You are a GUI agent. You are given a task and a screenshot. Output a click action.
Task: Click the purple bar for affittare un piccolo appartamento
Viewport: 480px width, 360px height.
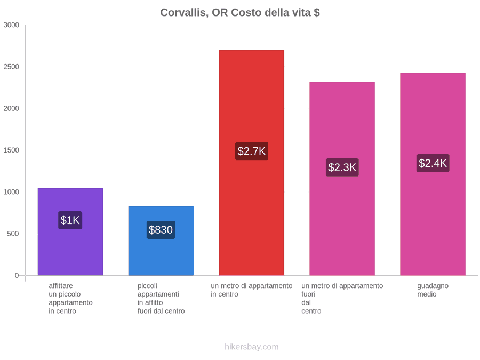coord(70,231)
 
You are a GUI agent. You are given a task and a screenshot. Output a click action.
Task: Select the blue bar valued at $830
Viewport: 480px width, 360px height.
coord(161,241)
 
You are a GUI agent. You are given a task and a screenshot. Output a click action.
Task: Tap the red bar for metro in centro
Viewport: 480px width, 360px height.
coord(251,163)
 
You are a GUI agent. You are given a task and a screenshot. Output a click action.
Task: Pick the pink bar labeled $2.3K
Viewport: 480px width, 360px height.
coord(342,179)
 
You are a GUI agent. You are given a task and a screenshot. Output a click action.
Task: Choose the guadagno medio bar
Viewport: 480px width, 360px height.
coord(433,174)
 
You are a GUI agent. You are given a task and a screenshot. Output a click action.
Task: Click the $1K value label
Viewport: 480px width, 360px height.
coord(70,220)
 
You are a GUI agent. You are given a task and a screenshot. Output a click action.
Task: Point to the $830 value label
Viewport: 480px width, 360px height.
coord(161,229)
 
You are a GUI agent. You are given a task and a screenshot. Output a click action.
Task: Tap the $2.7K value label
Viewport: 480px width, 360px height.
coord(252,151)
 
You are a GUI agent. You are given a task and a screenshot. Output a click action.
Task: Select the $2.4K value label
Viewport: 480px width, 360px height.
coord(433,163)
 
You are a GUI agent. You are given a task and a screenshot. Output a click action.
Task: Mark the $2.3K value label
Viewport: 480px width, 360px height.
coord(342,167)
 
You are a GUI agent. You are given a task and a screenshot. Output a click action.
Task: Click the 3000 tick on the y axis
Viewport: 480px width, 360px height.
coord(11,25)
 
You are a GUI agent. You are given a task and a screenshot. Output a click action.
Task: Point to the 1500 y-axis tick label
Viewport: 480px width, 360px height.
coord(11,150)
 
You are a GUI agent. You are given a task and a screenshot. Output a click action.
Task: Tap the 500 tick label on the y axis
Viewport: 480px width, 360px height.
coord(13,234)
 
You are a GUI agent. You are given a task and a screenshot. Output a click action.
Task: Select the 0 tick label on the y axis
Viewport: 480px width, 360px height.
coord(17,276)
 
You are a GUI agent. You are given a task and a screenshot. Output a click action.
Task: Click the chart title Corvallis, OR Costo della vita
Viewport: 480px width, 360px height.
coord(240,13)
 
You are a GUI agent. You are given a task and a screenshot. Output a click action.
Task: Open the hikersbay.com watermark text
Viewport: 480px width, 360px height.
coord(252,347)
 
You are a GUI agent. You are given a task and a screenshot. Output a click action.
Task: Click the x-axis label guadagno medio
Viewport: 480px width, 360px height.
coord(433,290)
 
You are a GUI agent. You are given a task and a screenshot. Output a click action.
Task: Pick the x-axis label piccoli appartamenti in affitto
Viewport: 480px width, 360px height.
coord(161,299)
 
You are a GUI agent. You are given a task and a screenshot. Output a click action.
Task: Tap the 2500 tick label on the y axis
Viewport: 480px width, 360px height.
coord(11,67)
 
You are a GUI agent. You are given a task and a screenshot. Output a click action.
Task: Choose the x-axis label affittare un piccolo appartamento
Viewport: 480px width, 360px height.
coord(70,299)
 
